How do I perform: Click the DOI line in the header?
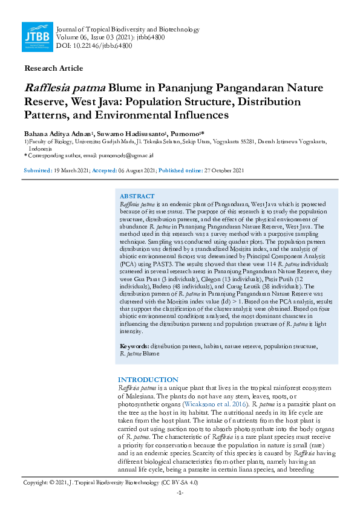[87, 45]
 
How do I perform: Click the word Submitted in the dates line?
[38, 170]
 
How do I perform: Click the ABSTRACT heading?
[137, 197]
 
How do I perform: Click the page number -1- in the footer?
[180, 493]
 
